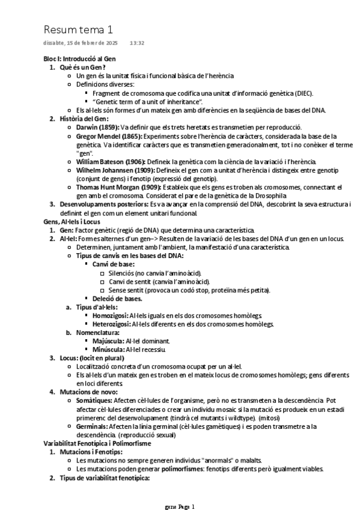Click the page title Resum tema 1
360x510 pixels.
pos(78,29)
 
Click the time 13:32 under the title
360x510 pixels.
pos(137,43)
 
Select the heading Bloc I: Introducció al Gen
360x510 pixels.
pos(79,59)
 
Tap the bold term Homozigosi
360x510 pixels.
pos(112,316)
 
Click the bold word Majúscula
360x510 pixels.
pos(108,341)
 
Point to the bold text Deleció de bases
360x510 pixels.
pos(117,298)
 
